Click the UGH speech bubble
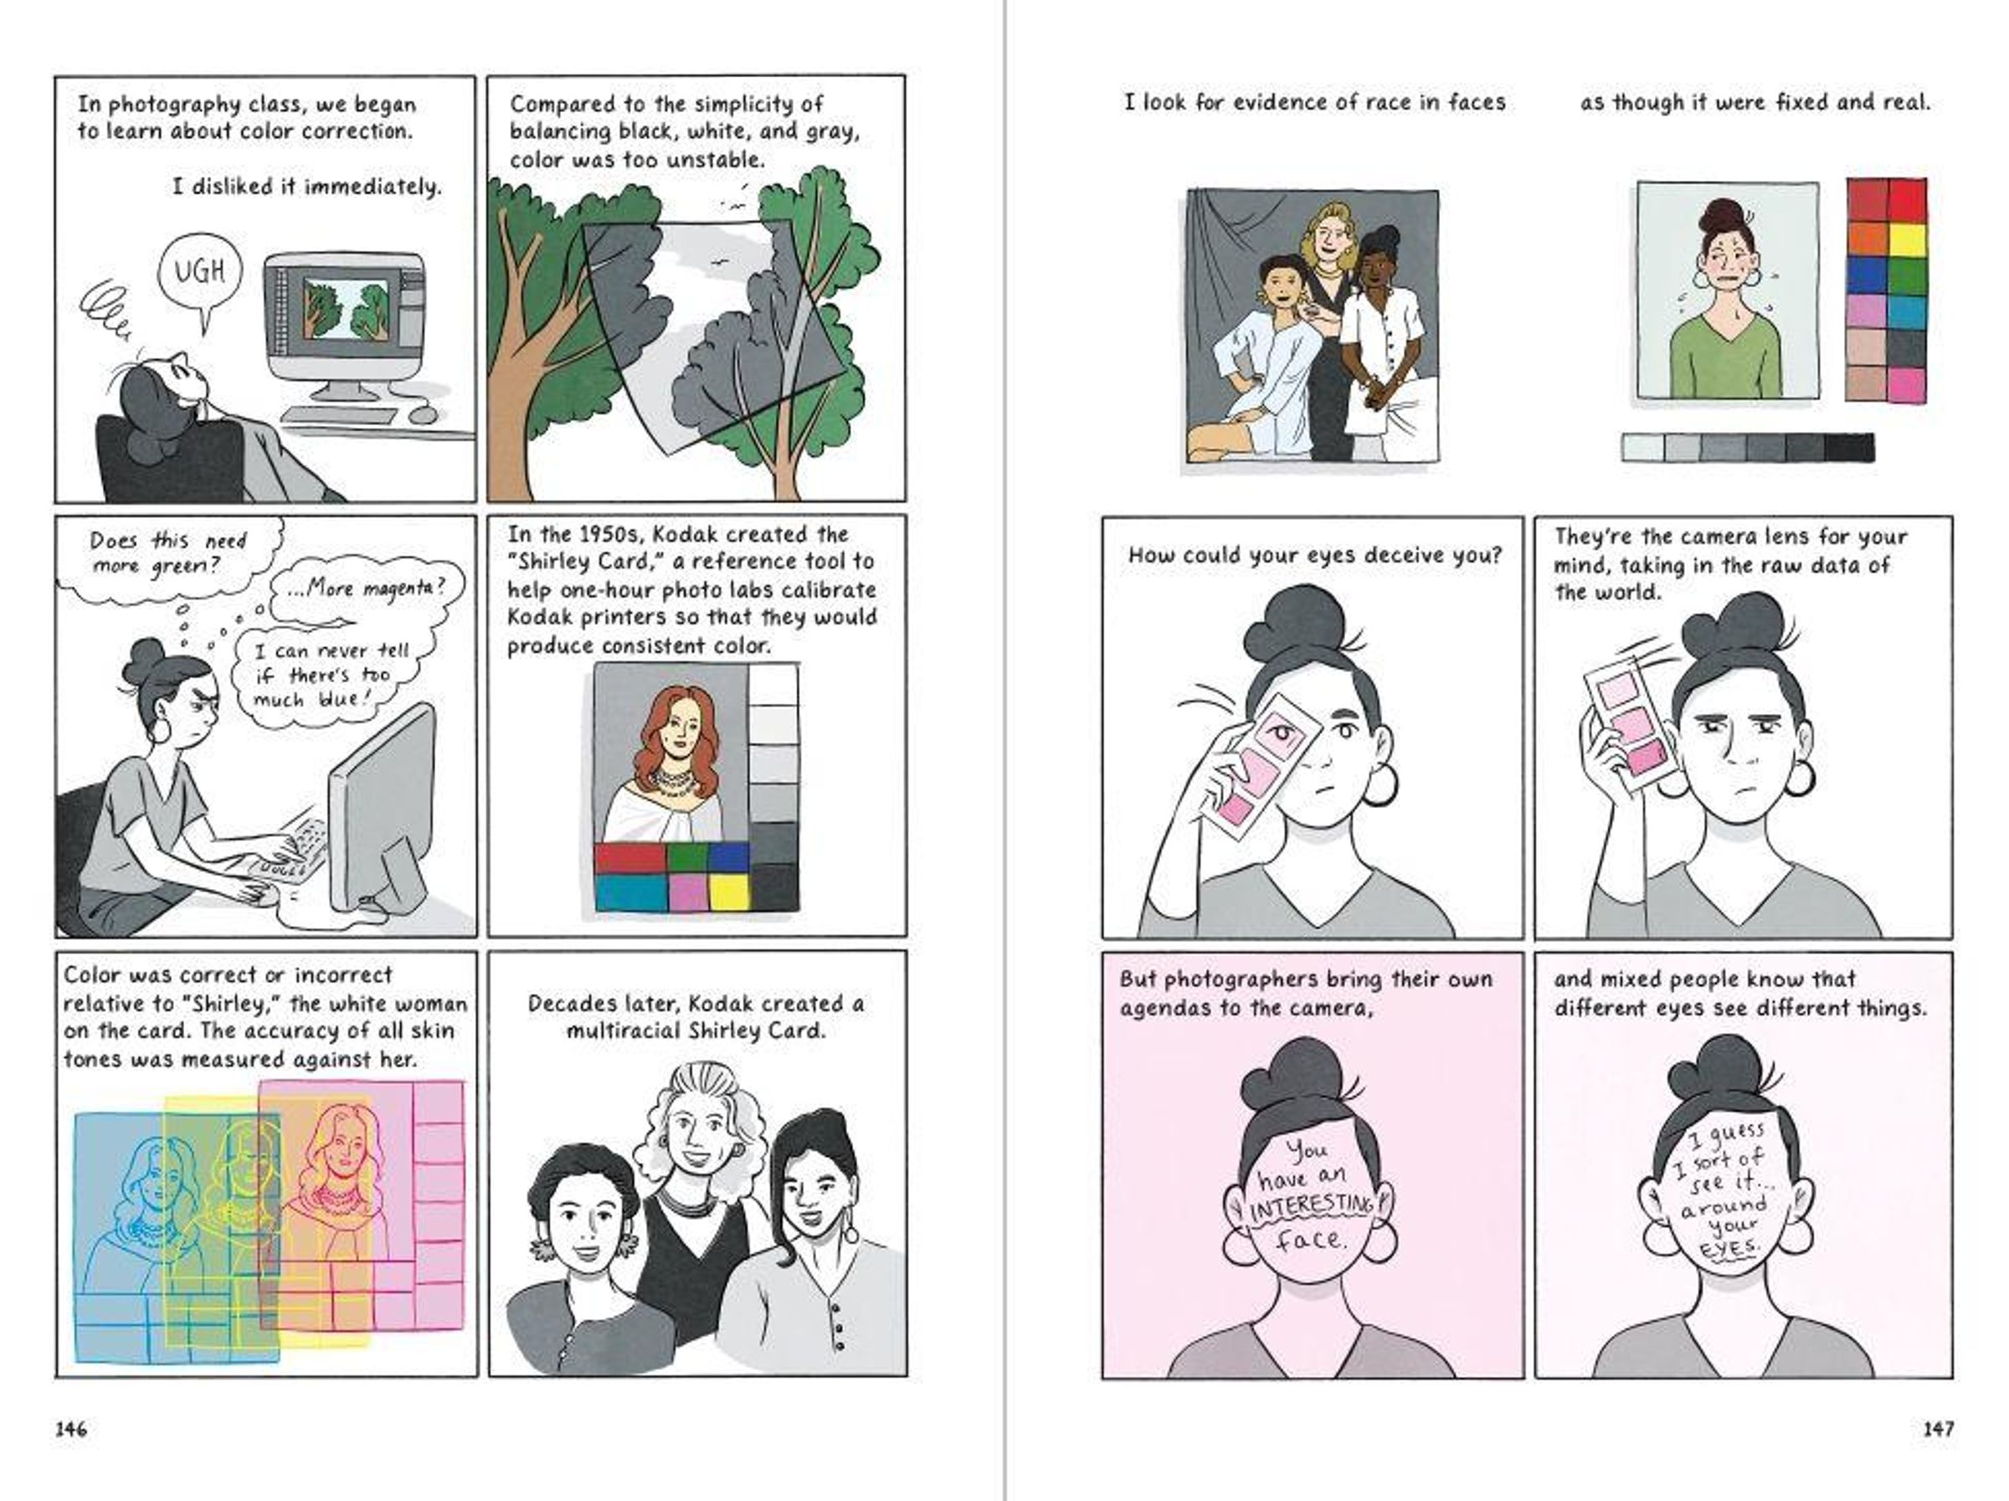[200, 272]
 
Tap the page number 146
[71, 1429]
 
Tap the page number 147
[1938, 1429]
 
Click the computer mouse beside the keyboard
[423, 415]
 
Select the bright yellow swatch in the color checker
[1907, 240]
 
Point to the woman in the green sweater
[1725, 300]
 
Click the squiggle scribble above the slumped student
[106, 311]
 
